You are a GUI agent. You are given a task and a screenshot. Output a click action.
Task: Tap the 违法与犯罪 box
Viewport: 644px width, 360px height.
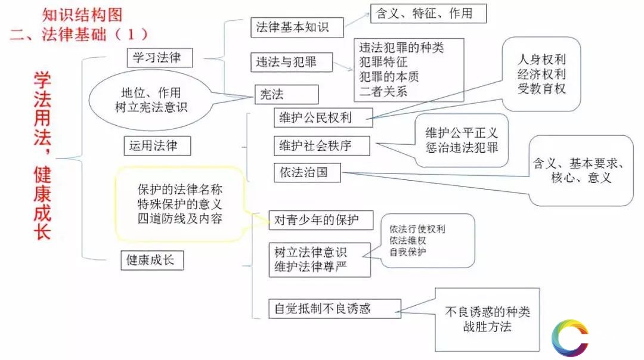coord(291,62)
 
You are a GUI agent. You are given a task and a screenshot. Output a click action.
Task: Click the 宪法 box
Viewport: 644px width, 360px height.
coord(286,94)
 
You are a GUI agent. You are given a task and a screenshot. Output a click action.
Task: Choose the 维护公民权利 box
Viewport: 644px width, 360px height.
coord(323,117)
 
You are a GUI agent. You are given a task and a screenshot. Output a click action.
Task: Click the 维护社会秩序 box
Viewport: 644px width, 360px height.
coord(321,146)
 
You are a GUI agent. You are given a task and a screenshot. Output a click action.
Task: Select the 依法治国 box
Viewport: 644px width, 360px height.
coord(308,173)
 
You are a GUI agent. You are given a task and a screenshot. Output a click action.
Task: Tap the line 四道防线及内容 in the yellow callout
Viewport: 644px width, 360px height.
coord(179,219)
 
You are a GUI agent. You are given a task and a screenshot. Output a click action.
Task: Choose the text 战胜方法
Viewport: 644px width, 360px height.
coord(486,327)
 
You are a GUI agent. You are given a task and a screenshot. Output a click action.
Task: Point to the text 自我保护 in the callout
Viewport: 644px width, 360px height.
coord(408,252)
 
